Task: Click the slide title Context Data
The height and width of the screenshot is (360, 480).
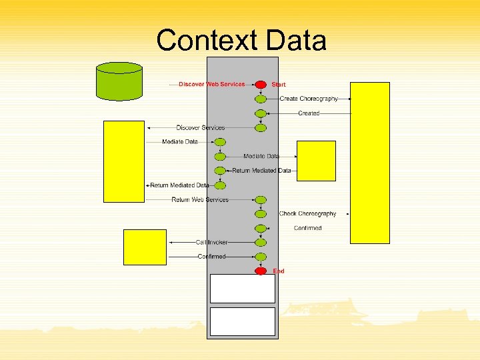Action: (x=241, y=41)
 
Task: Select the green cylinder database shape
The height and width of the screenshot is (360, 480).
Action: (x=119, y=81)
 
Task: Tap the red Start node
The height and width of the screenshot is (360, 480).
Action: (x=261, y=85)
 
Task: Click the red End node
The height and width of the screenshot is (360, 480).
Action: (x=261, y=271)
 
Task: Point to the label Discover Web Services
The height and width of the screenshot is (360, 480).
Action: (x=212, y=85)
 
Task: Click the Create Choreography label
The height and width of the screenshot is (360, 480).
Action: (x=309, y=99)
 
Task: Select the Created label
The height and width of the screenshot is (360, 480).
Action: (x=308, y=113)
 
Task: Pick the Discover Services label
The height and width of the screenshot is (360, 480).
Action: (x=201, y=127)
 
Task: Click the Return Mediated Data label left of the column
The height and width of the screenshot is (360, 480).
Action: (x=179, y=185)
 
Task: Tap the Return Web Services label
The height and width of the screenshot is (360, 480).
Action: (x=200, y=200)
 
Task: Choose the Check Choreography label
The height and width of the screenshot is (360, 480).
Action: (x=307, y=214)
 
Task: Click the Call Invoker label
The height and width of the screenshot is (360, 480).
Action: (x=211, y=243)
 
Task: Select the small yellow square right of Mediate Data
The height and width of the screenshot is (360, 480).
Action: (x=316, y=161)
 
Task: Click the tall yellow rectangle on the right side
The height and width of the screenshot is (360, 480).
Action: (x=370, y=162)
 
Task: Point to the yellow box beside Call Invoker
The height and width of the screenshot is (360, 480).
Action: (x=145, y=247)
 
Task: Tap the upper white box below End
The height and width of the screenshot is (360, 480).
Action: (x=242, y=289)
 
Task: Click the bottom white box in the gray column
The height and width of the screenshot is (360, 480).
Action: (x=242, y=321)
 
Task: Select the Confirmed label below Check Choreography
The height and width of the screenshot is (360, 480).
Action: (x=307, y=229)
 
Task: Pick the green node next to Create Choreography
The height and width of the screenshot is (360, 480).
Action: (x=261, y=99)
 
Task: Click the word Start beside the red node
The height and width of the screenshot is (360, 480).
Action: (x=279, y=85)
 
